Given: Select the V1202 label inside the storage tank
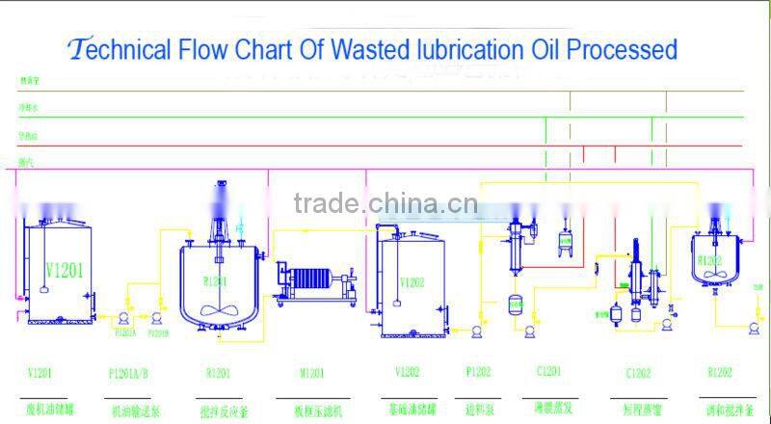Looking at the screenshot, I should (414, 283).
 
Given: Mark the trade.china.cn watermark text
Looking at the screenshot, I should (385, 203).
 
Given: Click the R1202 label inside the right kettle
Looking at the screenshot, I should (711, 260).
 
